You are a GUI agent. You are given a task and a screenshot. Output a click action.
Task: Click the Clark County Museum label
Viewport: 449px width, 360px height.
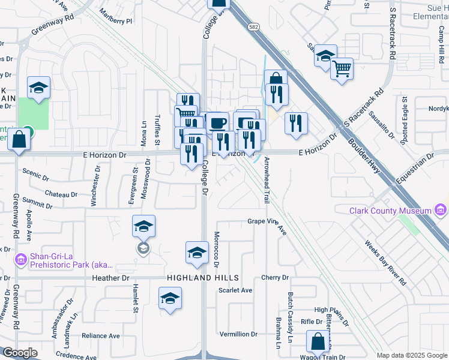[x=391, y=211]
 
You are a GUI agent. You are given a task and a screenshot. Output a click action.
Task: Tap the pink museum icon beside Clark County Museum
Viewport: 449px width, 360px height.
[x=441, y=211]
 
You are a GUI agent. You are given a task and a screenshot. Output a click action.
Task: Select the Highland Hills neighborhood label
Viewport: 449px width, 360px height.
[x=203, y=278]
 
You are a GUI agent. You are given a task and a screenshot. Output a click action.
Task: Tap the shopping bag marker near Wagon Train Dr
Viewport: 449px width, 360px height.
[x=318, y=342]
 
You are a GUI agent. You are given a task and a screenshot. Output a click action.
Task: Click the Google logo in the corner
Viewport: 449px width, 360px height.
[x=20, y=353]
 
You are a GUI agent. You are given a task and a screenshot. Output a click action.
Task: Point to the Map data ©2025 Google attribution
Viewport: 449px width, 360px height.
[x=412, y=355]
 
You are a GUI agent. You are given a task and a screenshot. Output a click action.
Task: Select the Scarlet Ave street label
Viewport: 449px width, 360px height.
[x=235, y=290]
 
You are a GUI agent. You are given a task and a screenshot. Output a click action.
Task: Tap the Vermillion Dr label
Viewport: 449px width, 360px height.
[x=238, y=334]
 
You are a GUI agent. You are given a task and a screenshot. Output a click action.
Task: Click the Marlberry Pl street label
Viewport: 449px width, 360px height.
[x=116, y=20]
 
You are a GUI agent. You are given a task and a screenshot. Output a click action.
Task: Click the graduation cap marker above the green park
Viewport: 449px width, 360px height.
[x=38, y=88]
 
